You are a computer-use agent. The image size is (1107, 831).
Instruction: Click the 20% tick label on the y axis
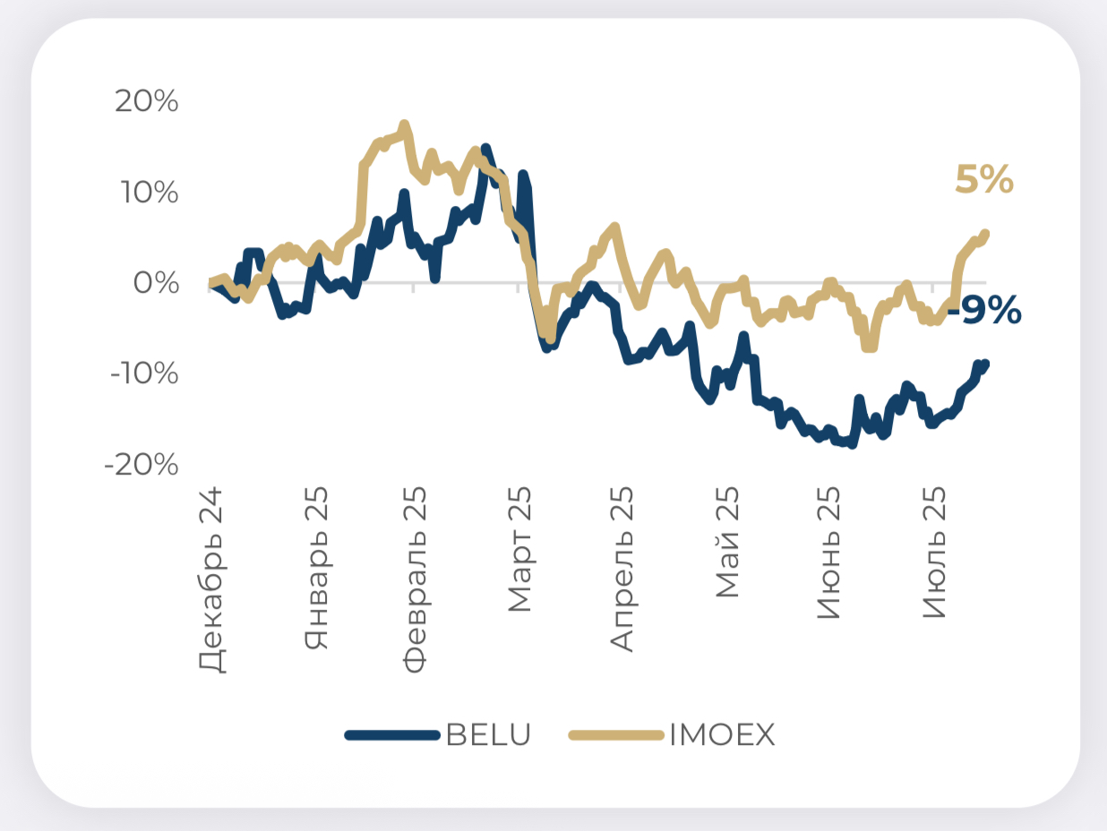pos(147,102)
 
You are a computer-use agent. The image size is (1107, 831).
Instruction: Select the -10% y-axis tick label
pos(143,373)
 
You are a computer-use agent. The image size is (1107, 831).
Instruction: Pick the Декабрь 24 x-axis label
pos(211,579)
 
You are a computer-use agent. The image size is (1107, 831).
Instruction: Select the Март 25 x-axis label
pos(519,550)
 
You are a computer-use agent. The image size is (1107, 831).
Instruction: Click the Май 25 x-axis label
pos(727,543)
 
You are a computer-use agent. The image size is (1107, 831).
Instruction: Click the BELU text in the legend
pos(488,735)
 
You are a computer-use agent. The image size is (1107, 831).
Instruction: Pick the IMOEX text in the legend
pos(722,735)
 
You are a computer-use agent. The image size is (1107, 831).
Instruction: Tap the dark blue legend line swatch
pos(393,735)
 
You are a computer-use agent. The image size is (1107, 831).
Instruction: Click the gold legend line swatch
pos(616,735)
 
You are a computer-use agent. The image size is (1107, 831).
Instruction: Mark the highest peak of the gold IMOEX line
pos(404,125)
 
